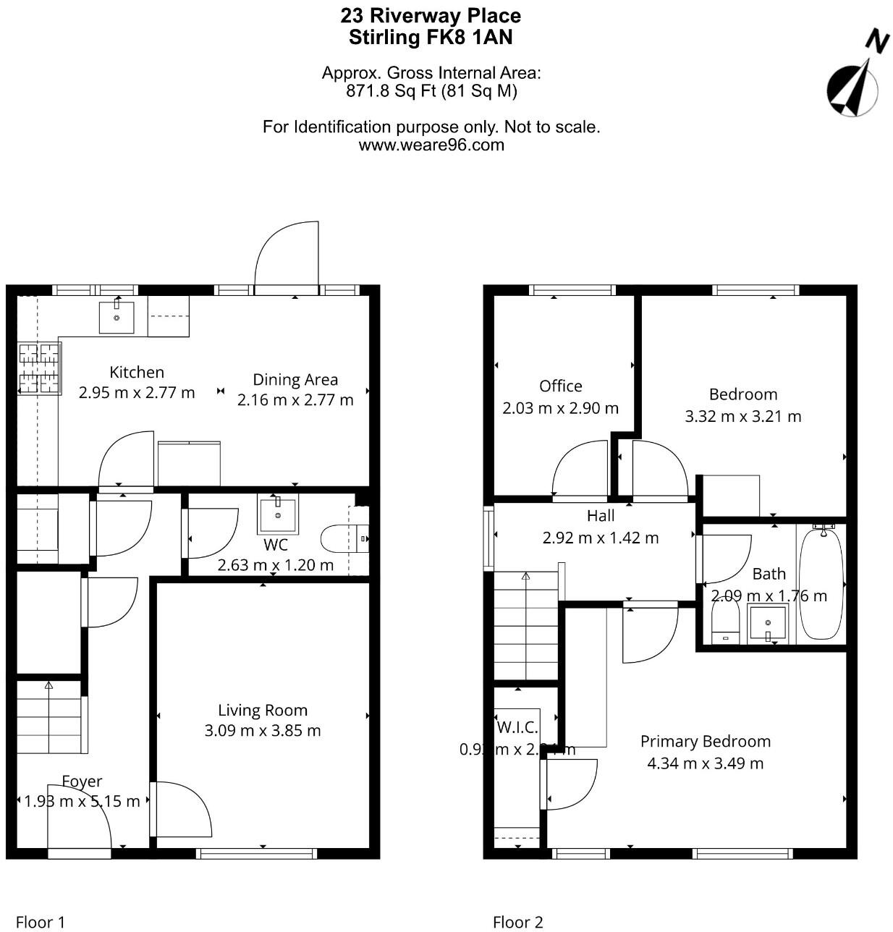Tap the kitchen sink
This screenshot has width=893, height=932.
[117, 317]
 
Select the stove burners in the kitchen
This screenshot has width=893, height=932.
[39, 368]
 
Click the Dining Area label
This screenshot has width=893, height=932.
[295, 380]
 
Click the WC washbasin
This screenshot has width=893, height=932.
[277, 514]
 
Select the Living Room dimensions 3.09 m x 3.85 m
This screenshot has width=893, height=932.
[263, 731]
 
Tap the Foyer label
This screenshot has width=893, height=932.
[82, 781]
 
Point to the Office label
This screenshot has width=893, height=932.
[560, 386]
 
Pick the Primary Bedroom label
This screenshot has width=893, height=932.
[706, 742]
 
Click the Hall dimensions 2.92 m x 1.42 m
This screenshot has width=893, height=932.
[601, 538]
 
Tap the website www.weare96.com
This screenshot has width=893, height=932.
[431, 145]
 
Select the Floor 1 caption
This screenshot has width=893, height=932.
[41, 922]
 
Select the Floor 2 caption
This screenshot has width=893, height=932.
[517, 922]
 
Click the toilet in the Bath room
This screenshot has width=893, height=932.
[725, 622]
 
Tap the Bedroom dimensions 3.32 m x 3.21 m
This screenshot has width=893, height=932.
[743, 417]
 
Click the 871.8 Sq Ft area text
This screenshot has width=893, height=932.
[384, 91]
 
